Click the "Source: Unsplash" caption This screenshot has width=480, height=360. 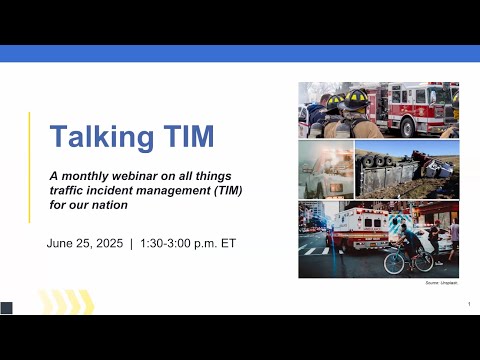pos(441,284)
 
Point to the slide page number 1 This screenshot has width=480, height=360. pos(469,304)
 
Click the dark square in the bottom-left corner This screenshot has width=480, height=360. pos(6,308)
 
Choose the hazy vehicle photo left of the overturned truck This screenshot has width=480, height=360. pos(326,169)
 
